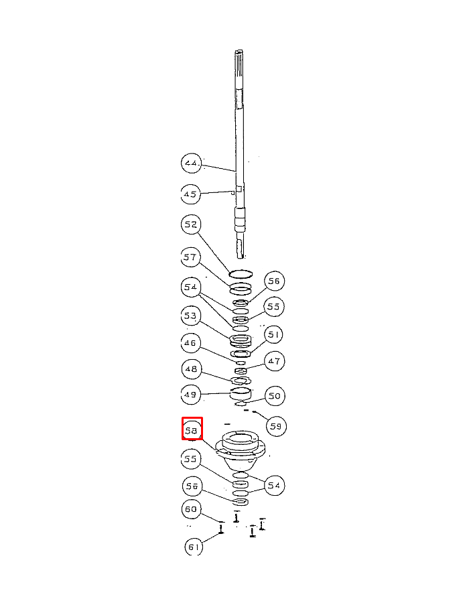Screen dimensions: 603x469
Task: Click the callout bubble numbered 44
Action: (191, 163)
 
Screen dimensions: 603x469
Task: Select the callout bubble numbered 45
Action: (191, 194)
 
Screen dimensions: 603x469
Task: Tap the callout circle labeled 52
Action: (191, 224)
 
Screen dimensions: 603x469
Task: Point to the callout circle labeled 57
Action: (191, 257)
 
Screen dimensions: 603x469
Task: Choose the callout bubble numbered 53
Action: (191, 316)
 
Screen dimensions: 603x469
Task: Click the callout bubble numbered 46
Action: (191, 344)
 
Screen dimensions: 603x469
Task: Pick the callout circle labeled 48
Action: (191, 368)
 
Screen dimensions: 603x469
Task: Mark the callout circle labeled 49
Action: (191, 395)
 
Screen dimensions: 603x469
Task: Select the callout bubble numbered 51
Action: (273, 334)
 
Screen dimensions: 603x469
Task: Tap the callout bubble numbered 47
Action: (273, 361)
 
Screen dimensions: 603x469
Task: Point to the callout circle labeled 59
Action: (275, 425)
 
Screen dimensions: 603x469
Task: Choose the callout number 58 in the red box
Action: (192, 429)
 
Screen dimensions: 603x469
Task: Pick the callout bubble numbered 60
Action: (192, 510)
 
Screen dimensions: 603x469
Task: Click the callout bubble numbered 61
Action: (194, 547)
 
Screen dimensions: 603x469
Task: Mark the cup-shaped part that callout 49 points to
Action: (241, 396)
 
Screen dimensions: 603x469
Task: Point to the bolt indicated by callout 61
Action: (221, 531)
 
